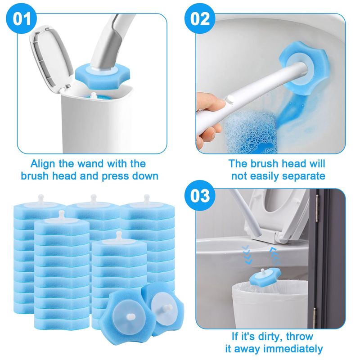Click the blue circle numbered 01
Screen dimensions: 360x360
coord(21,18)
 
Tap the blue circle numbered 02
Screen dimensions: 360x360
coord(200,18)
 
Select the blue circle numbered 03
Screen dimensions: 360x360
coord(200,196)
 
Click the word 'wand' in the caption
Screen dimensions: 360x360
coord(91,164)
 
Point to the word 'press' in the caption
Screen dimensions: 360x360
coord(117,176)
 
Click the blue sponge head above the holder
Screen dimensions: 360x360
coord(103,75)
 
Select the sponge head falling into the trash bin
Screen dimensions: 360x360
coord(265,277)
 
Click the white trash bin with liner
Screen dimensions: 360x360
coord(269,306)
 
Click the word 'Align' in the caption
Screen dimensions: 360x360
coord(43,164)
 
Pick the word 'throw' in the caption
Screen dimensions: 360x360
coord(299,336)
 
